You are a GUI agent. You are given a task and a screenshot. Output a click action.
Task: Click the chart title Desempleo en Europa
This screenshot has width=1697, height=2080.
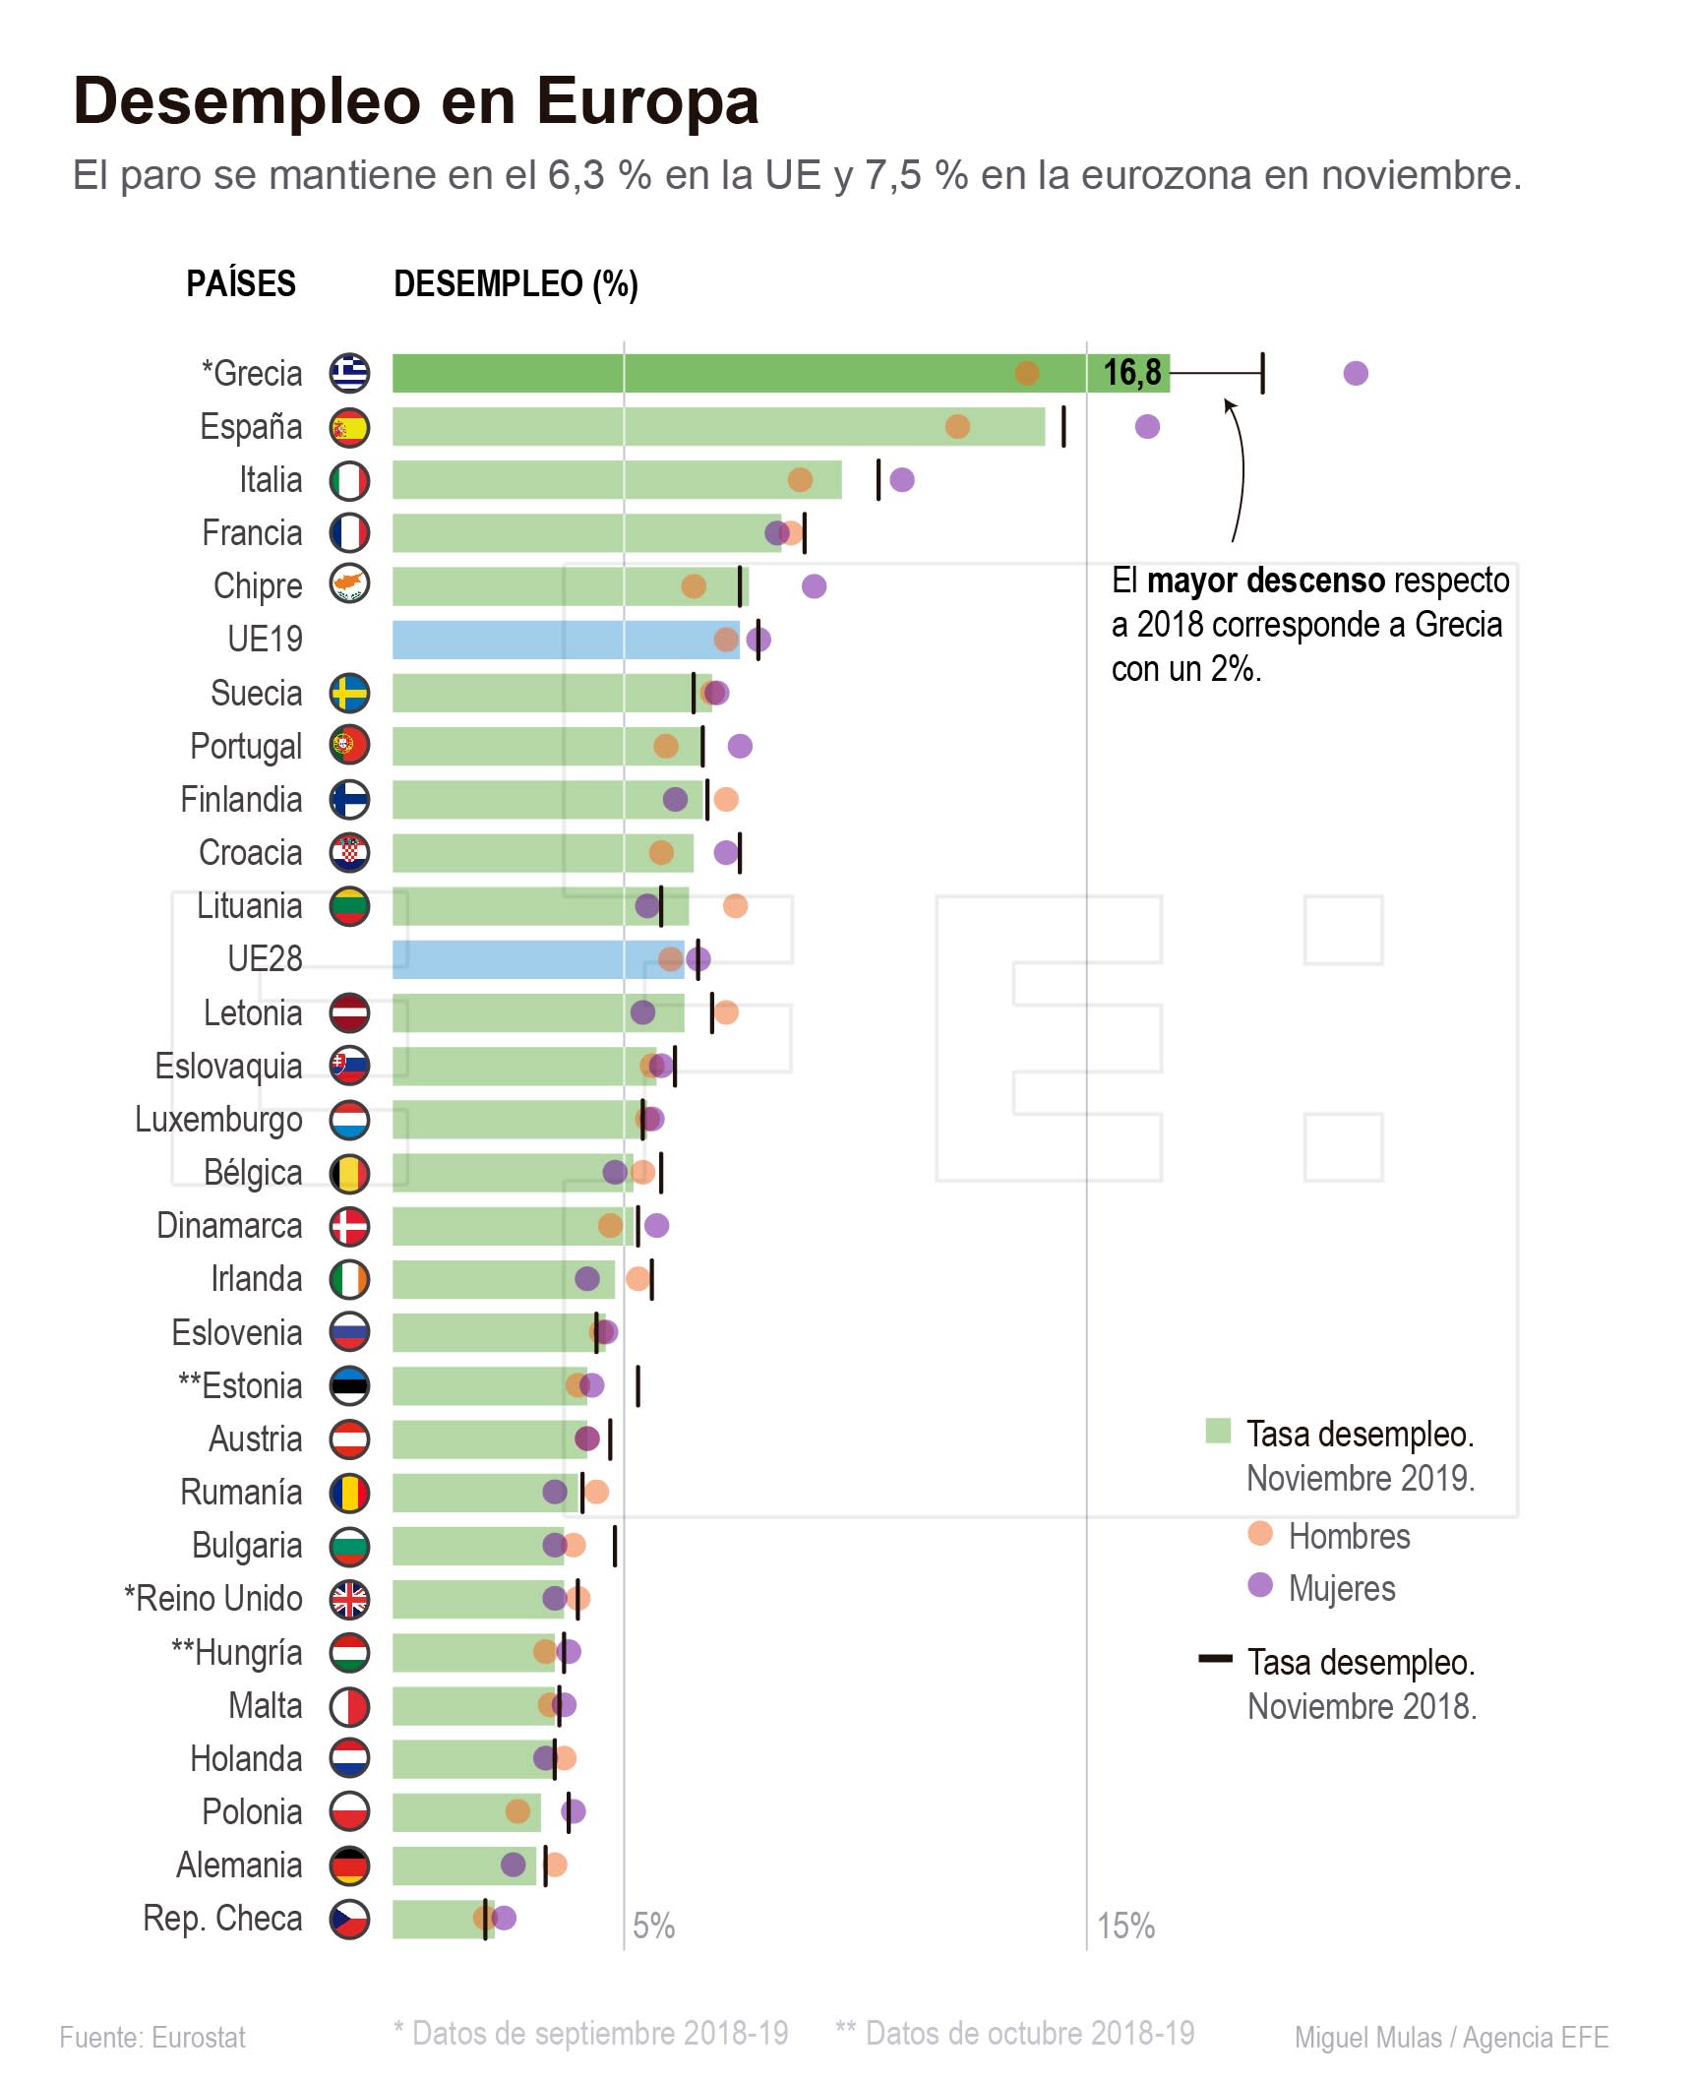pos(415,101)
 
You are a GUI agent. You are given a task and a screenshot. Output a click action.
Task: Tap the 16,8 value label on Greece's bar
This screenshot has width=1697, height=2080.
pos(1131,373)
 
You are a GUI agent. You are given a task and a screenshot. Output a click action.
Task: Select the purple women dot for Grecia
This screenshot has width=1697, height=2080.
pos(1355,373)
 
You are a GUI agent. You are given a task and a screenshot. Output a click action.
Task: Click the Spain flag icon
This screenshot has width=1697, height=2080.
pos(349,427)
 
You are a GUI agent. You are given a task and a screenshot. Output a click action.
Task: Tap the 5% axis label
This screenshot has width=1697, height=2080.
pos(653,1925)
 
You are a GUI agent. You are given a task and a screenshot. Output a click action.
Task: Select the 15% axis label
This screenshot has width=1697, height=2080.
pos(1125,1925)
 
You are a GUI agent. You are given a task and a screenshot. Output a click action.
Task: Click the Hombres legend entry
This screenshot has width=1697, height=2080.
pos(1348,1536)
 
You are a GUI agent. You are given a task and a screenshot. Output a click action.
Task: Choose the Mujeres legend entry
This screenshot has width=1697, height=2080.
pos(1341,1588)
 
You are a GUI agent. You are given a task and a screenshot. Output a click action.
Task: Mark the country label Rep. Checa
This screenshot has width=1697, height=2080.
pos(222,1918)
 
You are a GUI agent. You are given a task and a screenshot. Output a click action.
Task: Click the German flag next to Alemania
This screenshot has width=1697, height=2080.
pos(349,1866)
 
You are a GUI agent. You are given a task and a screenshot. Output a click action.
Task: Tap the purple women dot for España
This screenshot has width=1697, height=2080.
pos(1147,426)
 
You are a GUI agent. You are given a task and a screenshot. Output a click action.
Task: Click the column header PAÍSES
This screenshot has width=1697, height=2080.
pos(241,283)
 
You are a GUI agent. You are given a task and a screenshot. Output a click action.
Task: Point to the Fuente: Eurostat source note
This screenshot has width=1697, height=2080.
pos(152,2037)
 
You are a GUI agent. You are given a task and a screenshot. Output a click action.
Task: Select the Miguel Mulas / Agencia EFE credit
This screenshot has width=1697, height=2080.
pos(1451,2037)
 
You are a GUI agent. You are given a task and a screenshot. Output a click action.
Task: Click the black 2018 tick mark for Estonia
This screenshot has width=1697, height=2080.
pos(637,1385)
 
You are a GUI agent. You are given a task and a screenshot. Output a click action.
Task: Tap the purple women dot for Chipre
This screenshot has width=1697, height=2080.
pos(814,586)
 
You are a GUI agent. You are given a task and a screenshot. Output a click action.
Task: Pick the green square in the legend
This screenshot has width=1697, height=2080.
pos(1218,1431)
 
